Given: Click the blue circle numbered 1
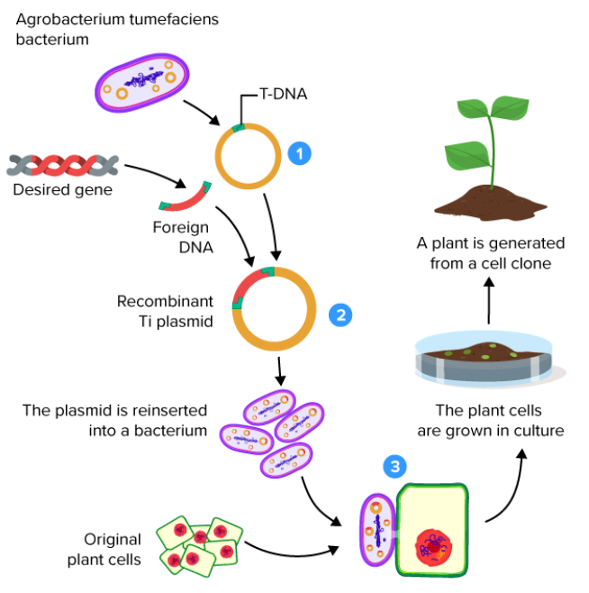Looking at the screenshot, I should [299, 154].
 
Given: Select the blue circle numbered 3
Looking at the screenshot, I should [394, 465].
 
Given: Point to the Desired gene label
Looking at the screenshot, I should [62, 190].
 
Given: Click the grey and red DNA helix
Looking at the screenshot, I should [62, 165].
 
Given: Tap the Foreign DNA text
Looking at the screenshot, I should [180, 236].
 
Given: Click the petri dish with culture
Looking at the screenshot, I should [484, 358].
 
